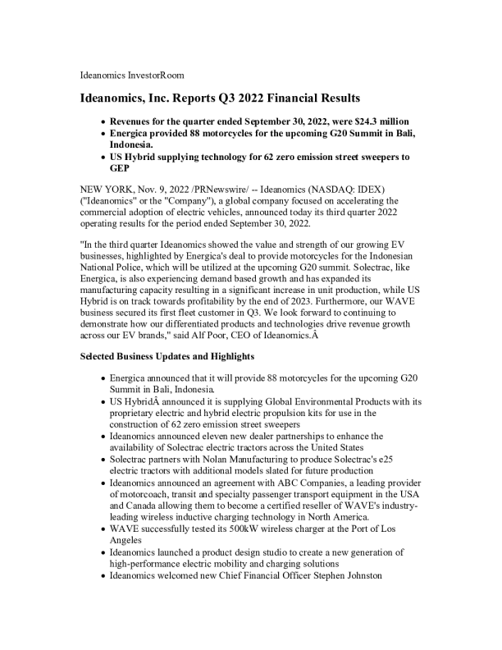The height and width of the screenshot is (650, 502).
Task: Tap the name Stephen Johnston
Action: tap(348, 576)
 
